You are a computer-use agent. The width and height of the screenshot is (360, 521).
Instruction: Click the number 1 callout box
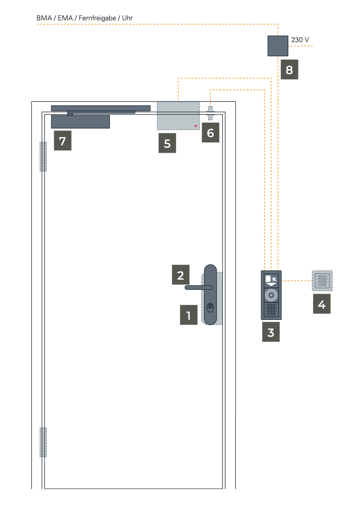pyautogui.click(x=188, y=315)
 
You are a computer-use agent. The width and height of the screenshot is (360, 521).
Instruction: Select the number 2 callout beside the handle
pyautogui.click(x=181, y=275)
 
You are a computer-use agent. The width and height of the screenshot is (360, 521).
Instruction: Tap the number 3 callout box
pyautogui.click(x=271, y=332)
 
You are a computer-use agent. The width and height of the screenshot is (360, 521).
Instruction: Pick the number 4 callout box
pyautogui.click(x=322, y=304)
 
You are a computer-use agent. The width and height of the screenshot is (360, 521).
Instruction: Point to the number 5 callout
pyautogui.click(x=167, y=143)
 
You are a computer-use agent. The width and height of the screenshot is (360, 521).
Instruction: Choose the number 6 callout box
pyautogui.click(x=211, y=133)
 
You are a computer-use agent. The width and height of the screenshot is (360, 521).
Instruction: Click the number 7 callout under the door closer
pyautogui.click(x=63, y=141)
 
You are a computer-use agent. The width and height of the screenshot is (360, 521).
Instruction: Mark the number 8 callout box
pyautogui.click(x=290, y=69)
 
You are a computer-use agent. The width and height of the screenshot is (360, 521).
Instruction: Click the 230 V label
pyautogui.click(x=300, y=40)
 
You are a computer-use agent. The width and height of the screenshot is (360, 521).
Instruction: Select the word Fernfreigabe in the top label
pyautogui.click(x=97, y=18)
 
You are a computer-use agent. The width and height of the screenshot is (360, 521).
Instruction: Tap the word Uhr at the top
pyautogui.click(x=127, y=18)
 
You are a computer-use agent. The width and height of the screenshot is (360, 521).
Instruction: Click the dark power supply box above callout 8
pyautogui.click(x=278, y=46)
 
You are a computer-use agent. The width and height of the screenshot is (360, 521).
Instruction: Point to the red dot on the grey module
pyautogui.click(x=196, y=126)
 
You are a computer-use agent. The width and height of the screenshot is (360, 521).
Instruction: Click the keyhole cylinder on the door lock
pyautogui.click(x=210, y=307)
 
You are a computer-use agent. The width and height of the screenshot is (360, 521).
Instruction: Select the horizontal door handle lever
pyautogui.click(x=199, y=287)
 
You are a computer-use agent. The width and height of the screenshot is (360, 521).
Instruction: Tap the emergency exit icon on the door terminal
pyautogui.click(x=271, y=280)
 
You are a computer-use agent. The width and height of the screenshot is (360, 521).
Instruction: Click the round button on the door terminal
pyautogui.click(x=271, y=295)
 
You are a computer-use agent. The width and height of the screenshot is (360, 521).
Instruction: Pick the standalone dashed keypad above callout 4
pyautogui.click(x=322, y=281)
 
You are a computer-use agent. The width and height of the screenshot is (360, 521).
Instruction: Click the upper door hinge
pyautogui.click(x=43, y=157)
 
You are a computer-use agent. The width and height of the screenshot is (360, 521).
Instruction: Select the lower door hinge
pyautogui.click(x=43, y=442)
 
